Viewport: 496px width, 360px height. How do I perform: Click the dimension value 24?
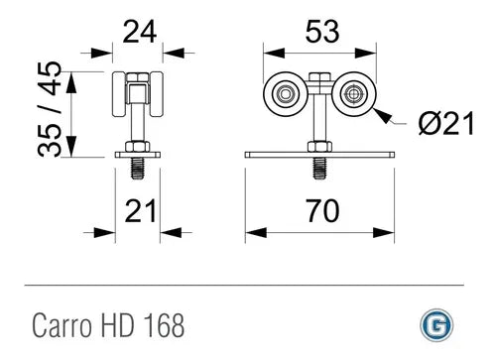pyautogui.click(x=139, y=32)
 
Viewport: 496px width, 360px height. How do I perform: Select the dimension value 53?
pyautogui.click(x=322, y=32)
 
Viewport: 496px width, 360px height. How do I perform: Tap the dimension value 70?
pyautogui.click(x=322, y=210)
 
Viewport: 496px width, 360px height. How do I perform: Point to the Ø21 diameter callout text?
pyautogui.click(x=446, y=123)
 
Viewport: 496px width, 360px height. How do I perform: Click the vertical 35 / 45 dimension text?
pyautogui.click(x=50, y=109)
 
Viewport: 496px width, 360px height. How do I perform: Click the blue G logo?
pyautogui.click(x=436, y=324)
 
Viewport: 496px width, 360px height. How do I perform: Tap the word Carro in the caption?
pyautogui.click(x=62, y=325)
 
